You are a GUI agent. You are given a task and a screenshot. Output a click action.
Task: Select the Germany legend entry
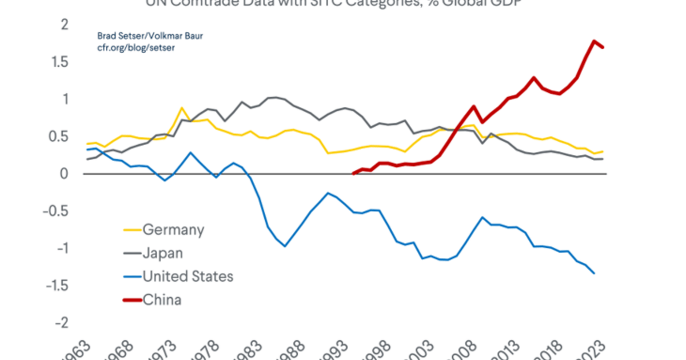(x=173, y=230)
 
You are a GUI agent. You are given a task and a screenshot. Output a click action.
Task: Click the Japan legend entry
(x=162, y=253)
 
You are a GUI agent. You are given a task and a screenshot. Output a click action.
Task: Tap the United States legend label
(x=188, y=277)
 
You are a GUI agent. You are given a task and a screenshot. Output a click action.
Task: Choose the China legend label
(x=162, y=299)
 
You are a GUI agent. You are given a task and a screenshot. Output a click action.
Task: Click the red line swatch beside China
(x=132, y=300)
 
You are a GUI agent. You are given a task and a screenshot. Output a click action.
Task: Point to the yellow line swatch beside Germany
(x=132, y=231)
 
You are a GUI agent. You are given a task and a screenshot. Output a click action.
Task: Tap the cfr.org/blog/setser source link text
(x=135, y=48)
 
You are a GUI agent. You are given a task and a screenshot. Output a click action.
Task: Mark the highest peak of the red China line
(x=595, y=41)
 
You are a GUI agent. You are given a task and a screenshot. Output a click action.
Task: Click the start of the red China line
(x=354, y=173)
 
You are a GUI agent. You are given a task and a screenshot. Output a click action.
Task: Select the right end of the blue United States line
(x=595, y=274)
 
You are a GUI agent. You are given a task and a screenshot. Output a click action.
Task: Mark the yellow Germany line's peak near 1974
(x=182, y=108)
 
